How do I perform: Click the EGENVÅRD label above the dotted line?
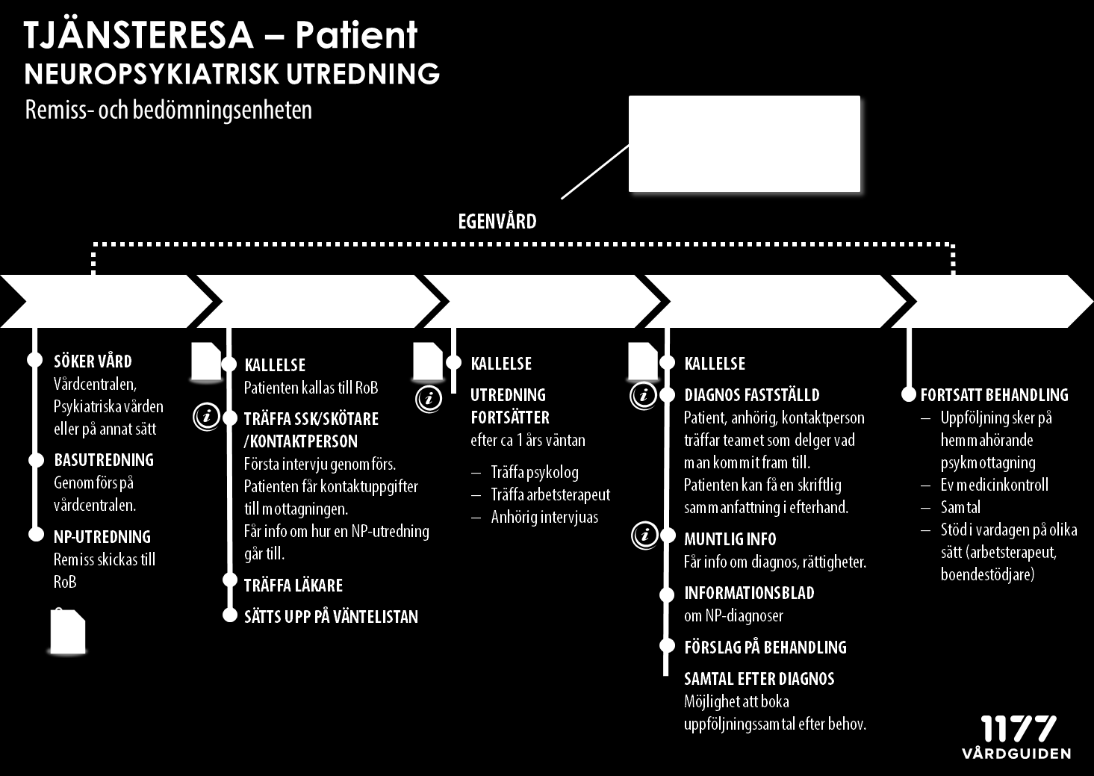[x=497, y=221]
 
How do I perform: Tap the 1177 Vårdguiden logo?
[x=1016, y=737]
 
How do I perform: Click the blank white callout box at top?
[x=745, y=143]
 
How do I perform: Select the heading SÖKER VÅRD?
[x=93, y=361]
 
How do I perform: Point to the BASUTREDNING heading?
[x=104, y=460]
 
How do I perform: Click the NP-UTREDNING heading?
[x=102, y=537]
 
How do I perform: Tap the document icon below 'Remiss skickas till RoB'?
[x=68, y=631]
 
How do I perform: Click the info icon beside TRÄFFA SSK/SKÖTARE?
[x=207, y=417]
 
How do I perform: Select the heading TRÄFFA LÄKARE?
[x=293, y=585]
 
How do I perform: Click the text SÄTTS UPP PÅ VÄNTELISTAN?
[x=331, y=617]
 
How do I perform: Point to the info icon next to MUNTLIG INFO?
[x=644, y=536]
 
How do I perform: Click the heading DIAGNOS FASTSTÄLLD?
[x=752, y=395]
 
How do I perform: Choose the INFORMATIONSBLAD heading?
[x=749, y=593]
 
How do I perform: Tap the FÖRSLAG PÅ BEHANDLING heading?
[x=765, y=648]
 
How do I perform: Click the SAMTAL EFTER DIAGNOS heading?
[x=759, y=679]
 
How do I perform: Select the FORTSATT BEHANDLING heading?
[x=995, y=395]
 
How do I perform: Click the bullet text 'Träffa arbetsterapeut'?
[x=550, y=494]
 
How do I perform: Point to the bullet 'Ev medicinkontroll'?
[x=995, y=485]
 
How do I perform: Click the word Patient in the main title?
[x=356, y=35]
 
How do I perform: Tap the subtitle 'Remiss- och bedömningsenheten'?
[x=169, y=111]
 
